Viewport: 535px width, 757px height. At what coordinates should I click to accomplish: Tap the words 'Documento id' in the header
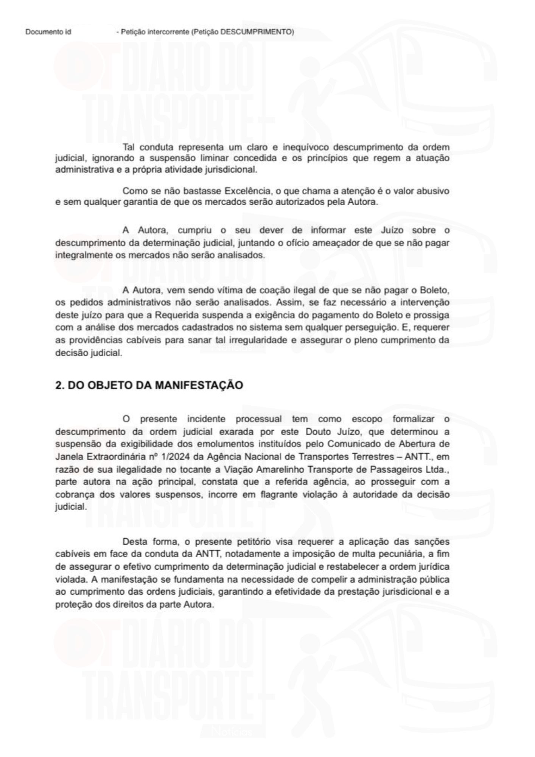click(x=48, y=32)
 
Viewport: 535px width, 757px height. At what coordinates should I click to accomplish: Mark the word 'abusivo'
click(x=433, y=191)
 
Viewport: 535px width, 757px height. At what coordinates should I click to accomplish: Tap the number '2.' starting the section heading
click(x=59, y=385)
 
